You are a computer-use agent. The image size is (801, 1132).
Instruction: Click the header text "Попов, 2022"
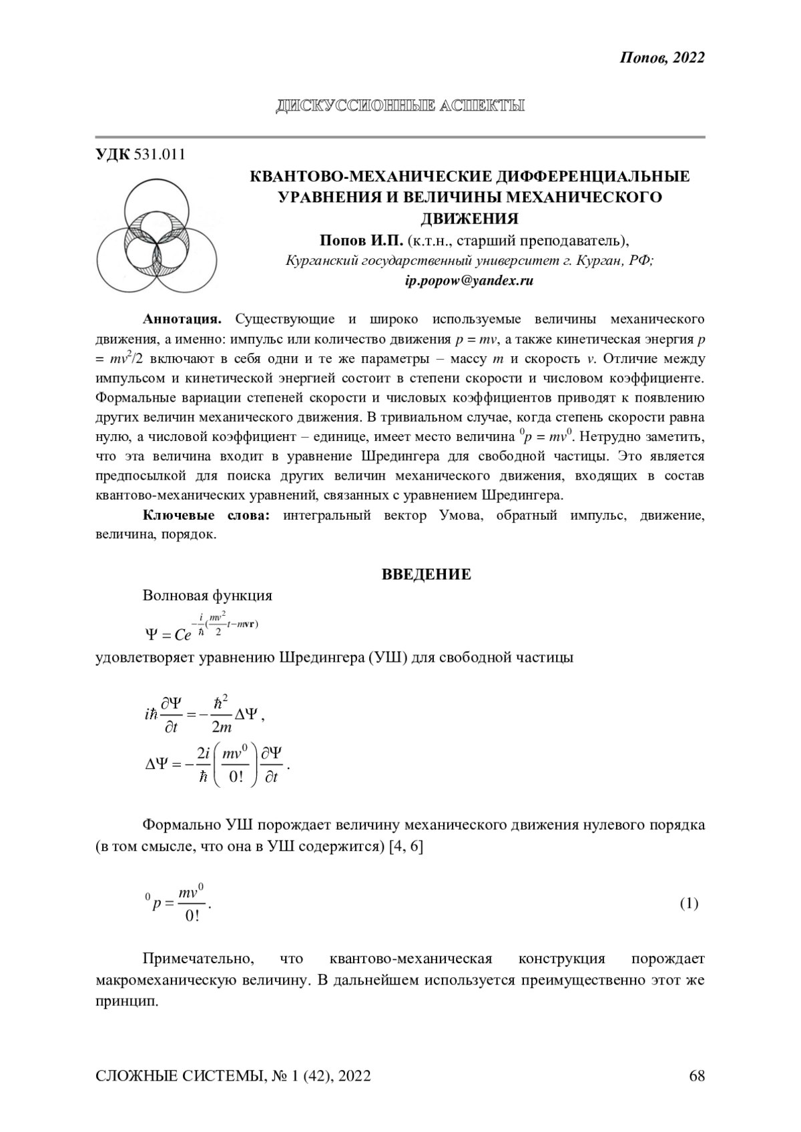pos(662,58)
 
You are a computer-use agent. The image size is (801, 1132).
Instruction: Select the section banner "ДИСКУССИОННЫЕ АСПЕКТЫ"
pos(400,105)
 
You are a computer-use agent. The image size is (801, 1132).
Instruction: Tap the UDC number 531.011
pos(160,155)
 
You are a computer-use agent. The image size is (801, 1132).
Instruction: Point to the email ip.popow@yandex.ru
pos(469,281)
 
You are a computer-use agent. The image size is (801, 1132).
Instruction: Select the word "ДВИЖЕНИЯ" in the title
pos(469,218)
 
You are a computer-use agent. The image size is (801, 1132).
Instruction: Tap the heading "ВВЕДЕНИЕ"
pos(427,574)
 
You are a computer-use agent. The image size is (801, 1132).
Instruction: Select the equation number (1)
pos(689,904)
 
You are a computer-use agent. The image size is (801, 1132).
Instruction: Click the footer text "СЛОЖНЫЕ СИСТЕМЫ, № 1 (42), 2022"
pos(234,1076)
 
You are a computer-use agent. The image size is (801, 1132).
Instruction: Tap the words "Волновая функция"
pos(208,596)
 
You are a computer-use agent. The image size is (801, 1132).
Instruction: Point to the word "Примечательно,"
pos(198,959)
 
